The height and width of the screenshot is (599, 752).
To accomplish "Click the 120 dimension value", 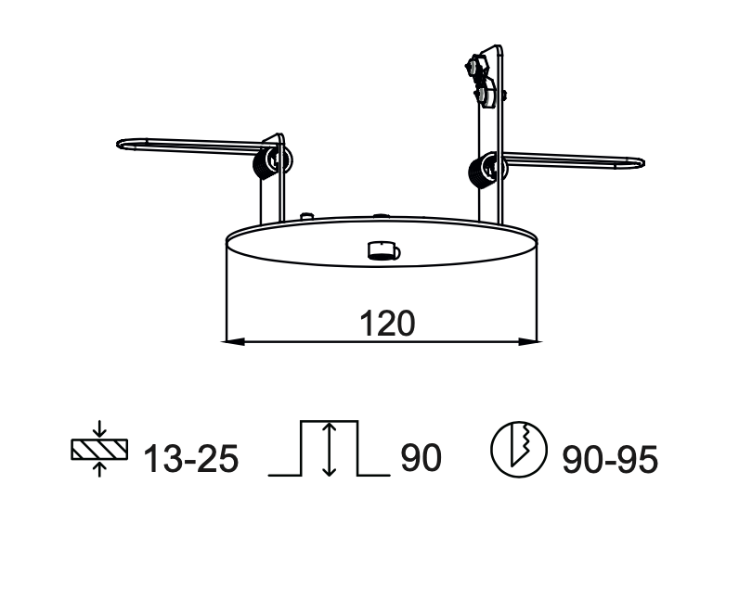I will click(386, 323).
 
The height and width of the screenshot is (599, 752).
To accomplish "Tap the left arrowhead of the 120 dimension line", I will click(234, 342).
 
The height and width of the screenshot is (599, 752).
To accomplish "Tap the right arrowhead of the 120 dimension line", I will click(532, 342).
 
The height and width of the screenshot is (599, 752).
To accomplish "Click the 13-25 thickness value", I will click(190, 458).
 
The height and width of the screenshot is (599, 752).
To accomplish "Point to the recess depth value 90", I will click(421, 458).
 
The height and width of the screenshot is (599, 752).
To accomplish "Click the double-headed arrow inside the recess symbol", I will click(328, 449).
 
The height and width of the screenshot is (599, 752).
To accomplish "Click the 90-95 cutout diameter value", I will click(609, 458).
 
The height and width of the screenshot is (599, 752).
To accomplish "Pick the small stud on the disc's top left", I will click(306, 216).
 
